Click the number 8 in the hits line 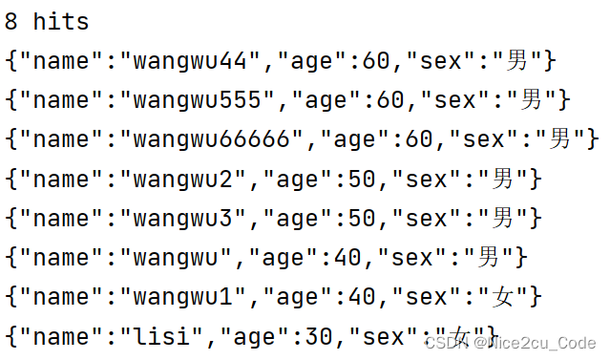point(12,22)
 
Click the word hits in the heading point(61,22)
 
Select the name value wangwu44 point(197,62)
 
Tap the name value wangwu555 point(203,100)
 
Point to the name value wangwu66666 point(218,139)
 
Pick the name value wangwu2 point(189,179)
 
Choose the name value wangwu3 point(189,218)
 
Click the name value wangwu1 point(189,296)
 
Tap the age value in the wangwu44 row point(376,62)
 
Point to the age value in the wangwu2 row point(362,179)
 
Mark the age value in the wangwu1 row point(362,296)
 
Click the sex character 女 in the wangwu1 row point(503,296)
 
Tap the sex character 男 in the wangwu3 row point(503,218)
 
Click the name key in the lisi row point(61,335)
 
